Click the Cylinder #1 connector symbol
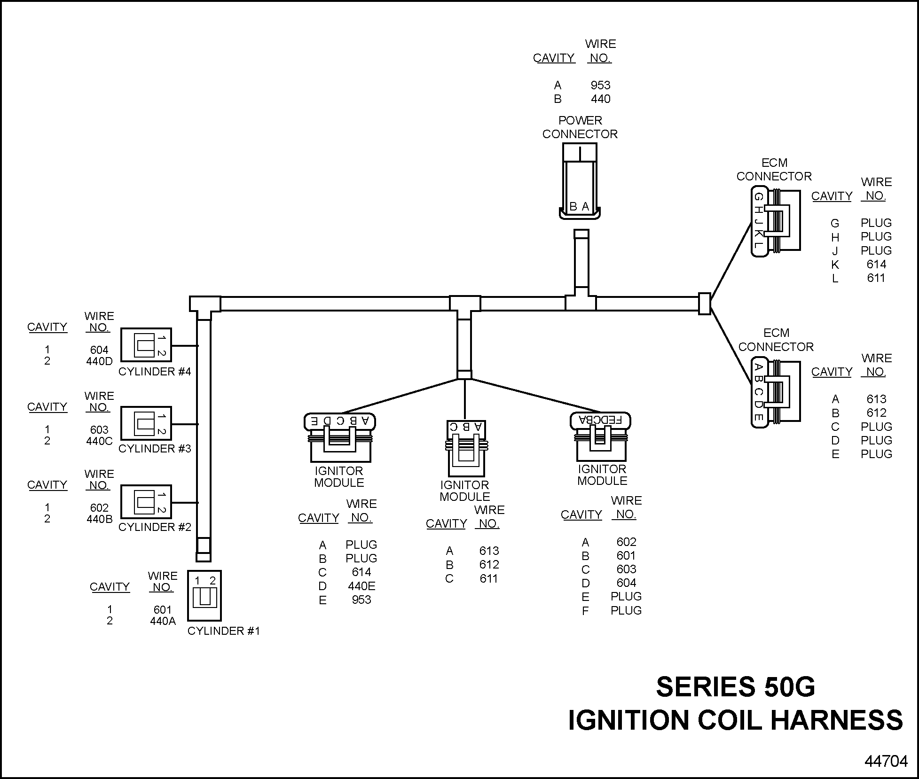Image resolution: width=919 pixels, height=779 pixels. [204, 595]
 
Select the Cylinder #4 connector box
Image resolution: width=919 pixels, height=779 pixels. [146, 345]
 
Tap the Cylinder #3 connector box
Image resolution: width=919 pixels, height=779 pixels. [146, 423]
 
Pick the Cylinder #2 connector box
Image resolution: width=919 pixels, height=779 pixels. [146, 502]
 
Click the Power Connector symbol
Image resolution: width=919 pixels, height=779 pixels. [580, 181]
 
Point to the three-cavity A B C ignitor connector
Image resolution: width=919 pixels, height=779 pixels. [465, 449]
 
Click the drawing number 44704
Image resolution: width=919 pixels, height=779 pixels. [886, 761]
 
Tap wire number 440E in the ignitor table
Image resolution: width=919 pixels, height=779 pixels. [361, 586]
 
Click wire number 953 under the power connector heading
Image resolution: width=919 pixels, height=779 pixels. [600, 85]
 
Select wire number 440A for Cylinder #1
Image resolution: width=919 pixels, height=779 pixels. [163, 621]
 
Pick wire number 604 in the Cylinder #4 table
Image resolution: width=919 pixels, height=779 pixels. [99, 350]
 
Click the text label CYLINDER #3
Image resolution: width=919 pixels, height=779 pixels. [155, 449]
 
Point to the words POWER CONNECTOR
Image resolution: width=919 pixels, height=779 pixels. [580, 127]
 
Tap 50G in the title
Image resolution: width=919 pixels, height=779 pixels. [789, 686]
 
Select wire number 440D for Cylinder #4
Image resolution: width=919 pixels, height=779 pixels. [99, 361]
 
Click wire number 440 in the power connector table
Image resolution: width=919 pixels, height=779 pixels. [600, 99]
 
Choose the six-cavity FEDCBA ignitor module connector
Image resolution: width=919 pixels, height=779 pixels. [601, 437]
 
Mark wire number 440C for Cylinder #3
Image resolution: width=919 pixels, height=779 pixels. [99, 441]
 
